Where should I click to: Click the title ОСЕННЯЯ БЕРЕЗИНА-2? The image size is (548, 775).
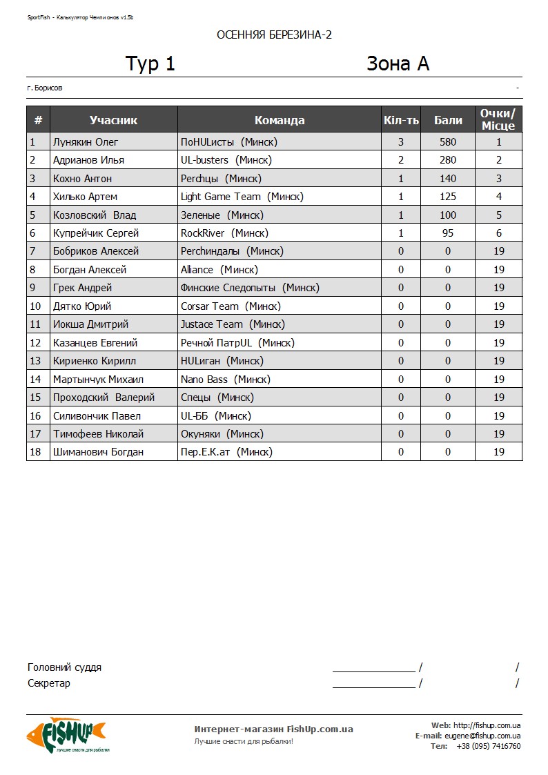point(274,35)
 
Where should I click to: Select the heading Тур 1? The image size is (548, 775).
point(150,64)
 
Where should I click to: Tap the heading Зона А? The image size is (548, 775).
point(398,64)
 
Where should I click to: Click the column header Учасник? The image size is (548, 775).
point(113,120)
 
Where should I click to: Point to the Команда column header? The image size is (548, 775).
point(280,120)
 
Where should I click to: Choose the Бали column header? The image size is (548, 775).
point(448,120)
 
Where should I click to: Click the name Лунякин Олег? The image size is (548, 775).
point(86,142)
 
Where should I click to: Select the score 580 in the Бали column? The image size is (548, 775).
point(448,142)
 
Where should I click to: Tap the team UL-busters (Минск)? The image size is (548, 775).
point(226,160)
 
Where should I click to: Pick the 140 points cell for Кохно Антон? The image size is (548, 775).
point(448,179)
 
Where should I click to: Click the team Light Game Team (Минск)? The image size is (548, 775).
point(242,197)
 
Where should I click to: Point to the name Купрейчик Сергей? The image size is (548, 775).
point(96,233)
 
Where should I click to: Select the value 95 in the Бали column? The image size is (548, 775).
point(448,233)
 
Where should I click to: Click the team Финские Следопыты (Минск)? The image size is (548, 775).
point(250,288)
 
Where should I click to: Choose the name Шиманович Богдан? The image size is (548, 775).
point(98,452)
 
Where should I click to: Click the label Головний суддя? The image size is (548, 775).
point(64,667)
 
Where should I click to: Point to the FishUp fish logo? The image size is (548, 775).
point(66,734)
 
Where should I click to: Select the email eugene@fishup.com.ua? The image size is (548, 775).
point(482,736)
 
